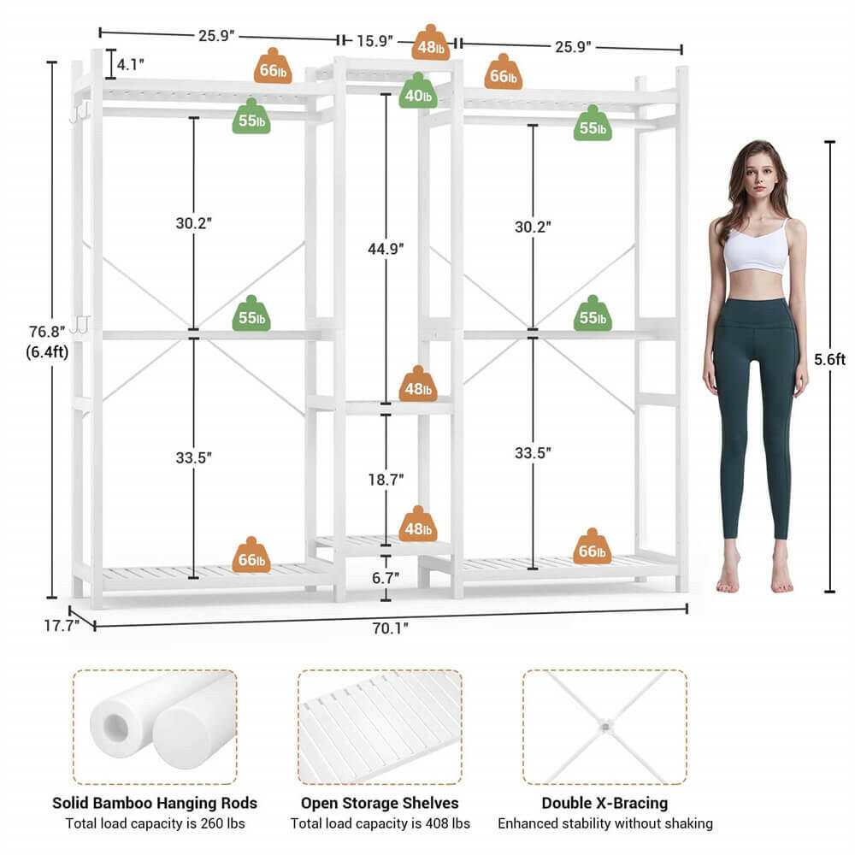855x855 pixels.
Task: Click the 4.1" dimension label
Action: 131,63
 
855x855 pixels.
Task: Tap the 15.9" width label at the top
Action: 375,40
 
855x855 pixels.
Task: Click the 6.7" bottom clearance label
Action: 386,578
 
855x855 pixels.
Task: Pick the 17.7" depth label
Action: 62,625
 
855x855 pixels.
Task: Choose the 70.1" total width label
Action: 390,628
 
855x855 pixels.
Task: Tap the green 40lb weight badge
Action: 418,91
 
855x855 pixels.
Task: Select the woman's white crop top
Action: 756,249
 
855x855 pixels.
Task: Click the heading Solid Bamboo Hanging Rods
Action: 155,803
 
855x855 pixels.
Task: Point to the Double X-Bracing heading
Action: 604,803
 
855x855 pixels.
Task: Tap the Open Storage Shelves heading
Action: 380,803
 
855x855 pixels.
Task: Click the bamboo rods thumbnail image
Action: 155,727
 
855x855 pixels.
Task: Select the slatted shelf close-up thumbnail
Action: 380,727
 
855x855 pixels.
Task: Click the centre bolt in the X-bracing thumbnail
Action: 604,726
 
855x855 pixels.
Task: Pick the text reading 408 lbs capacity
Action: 380,824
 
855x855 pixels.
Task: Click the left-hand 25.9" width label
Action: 216,36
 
